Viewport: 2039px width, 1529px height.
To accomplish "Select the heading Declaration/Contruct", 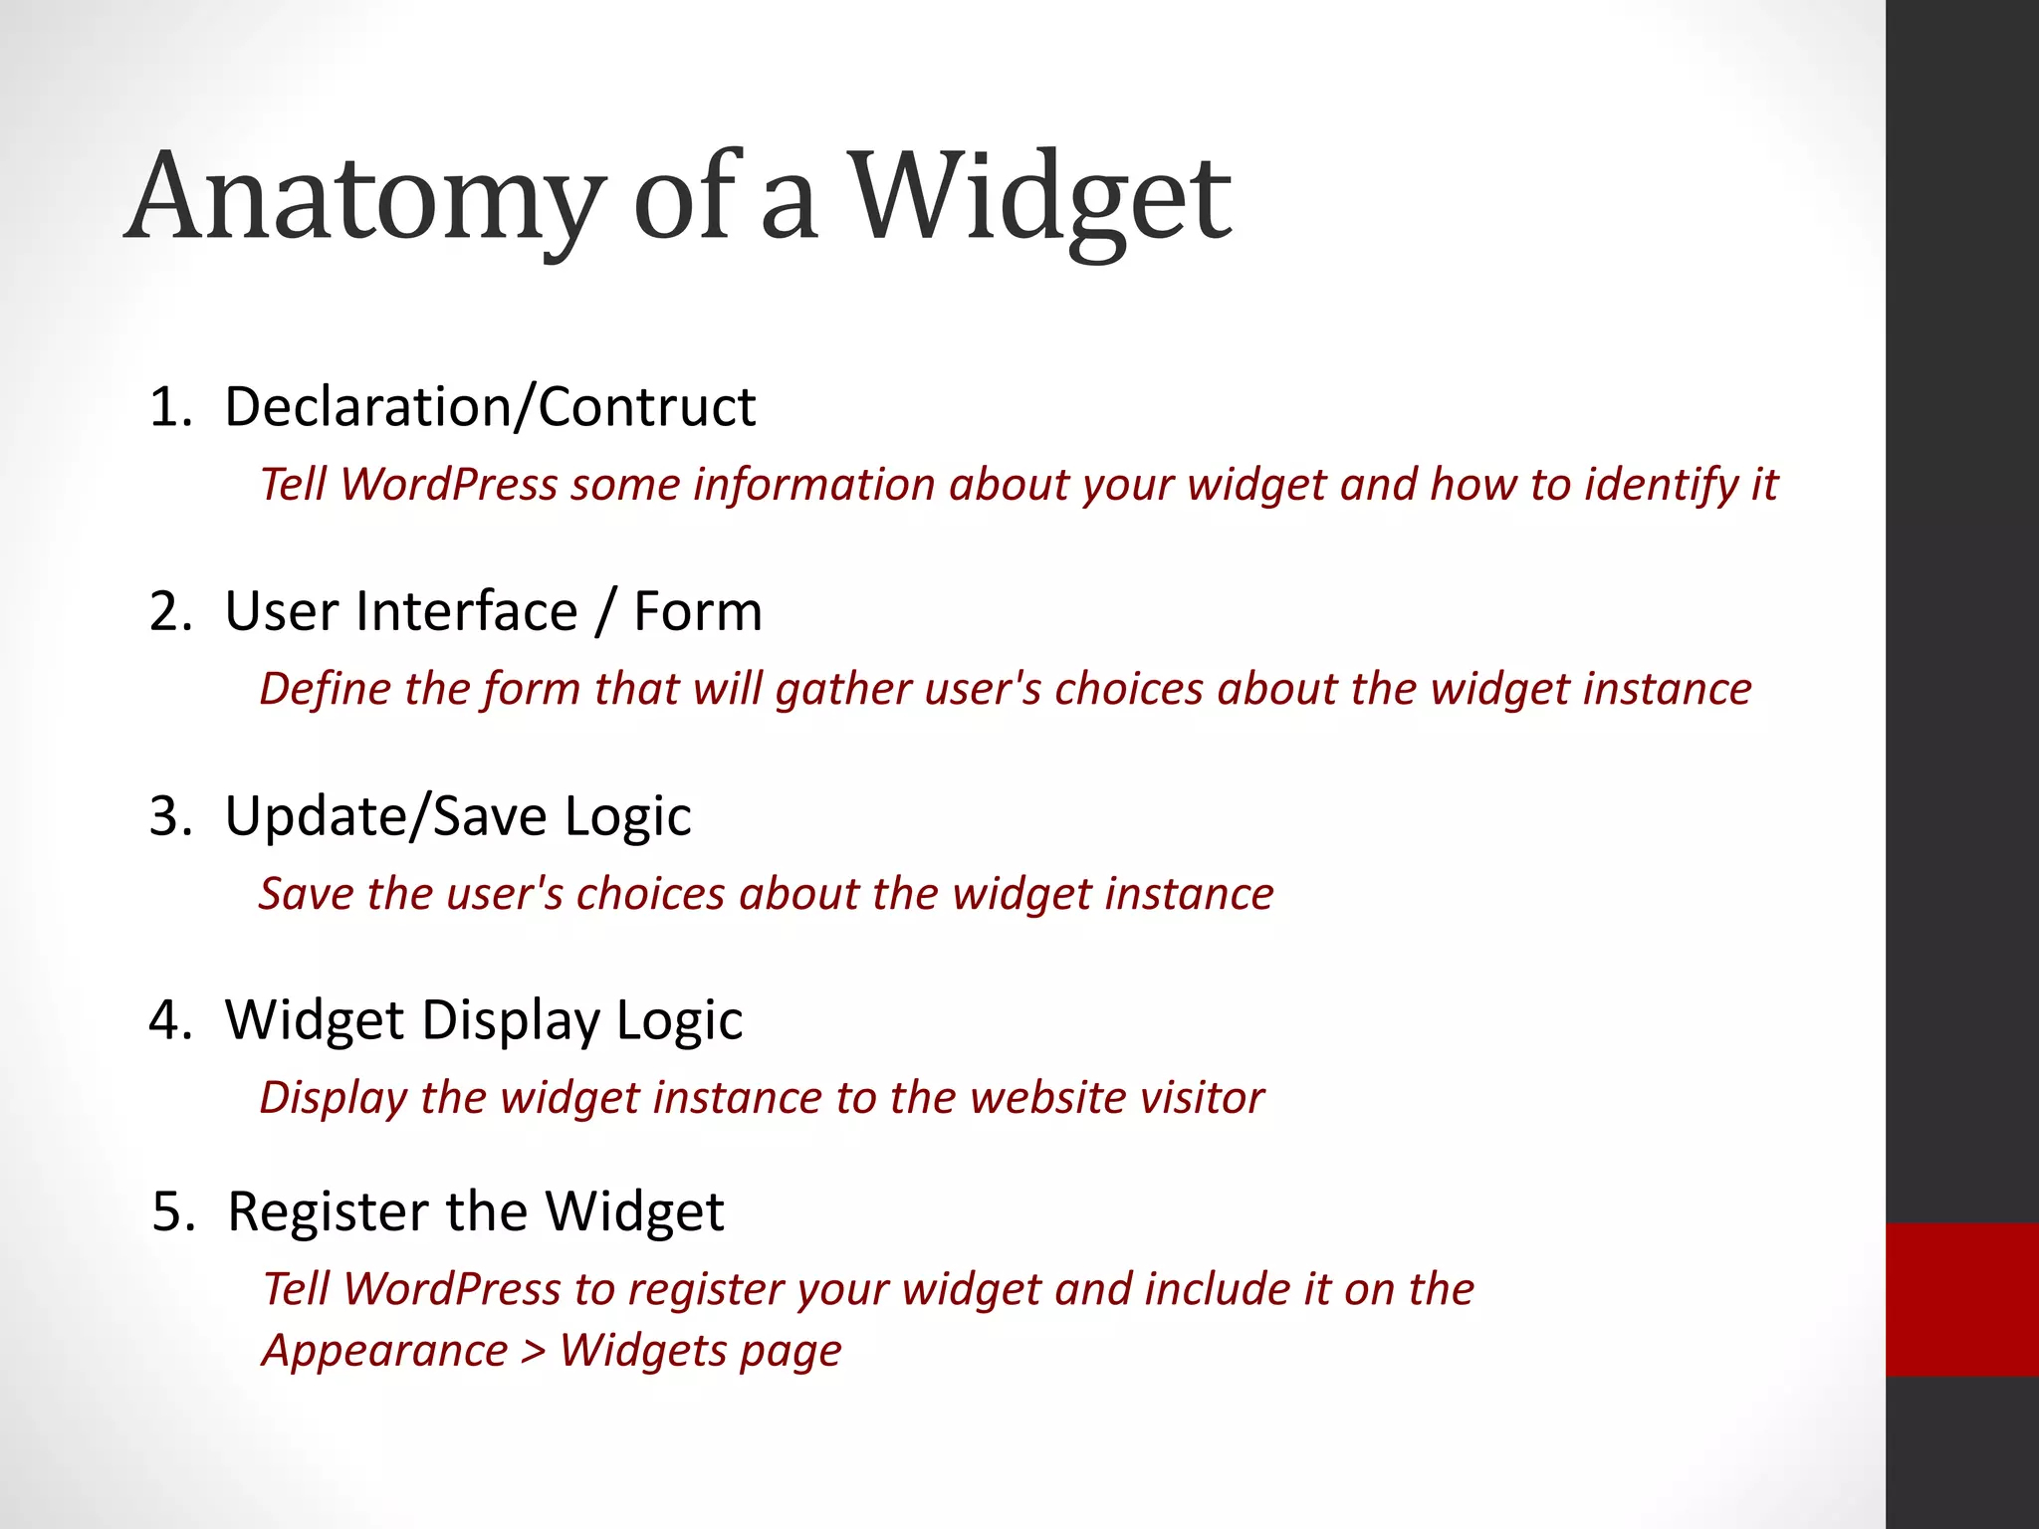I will click(x=489, y=407).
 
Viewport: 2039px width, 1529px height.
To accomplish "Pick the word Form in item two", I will click(x=697, y=611).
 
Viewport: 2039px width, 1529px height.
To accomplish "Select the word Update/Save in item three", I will click(x=385, y=816).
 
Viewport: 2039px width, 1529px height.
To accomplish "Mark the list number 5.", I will click(x=171, y=1211).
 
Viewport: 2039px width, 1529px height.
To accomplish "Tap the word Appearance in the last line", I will click(x=385, y=1351).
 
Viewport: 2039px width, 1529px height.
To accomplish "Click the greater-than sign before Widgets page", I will click(x=534, y=1352).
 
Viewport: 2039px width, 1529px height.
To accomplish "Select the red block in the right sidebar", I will click(x=1961, y=1299).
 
